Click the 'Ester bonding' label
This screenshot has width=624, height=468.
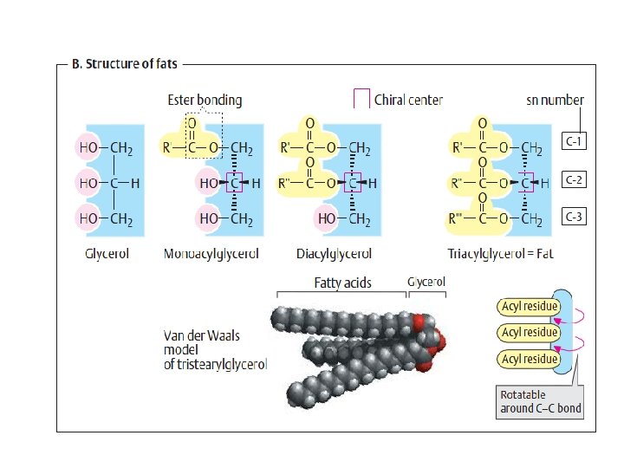pyautogui.click(x=205, y=100)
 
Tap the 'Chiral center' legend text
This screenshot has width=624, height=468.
pyautogui.click(x=408, y=100)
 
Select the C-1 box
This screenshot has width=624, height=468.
pyautogui.click(x=575, y=141)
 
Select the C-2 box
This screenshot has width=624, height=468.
pyautogui.click(x=575, y=179)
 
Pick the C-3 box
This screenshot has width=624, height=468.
pyautogui.click(x=575, y=217)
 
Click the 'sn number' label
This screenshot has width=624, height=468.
pyautogui.click(x=555, y=100)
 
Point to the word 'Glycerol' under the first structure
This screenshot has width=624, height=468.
pyautogui.click(x=107, y=254)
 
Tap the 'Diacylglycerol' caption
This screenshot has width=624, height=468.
pyautogui.click(x=334, y=254)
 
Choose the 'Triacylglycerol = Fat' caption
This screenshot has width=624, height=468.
pyautogui.click(x=500, y=254)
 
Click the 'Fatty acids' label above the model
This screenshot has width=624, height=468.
pyautogui.click(x=343, y=283)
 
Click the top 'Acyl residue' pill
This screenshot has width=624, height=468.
pyautogui.click(x=529, y=306)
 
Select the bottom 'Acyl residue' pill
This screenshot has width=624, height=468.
pyautogui.click(x=529, y=359)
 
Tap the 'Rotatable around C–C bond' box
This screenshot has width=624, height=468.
pyautogui.click(x=540, y=402)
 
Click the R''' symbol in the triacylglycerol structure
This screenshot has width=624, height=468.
pyautogui.click(x=460, y=220)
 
